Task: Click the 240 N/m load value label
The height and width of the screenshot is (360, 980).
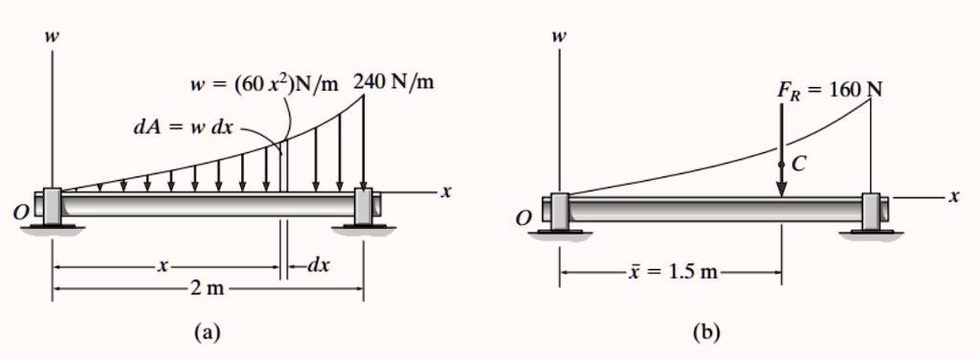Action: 393,82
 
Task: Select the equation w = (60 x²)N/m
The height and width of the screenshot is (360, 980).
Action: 264,84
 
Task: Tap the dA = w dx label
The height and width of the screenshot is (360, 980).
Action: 183,126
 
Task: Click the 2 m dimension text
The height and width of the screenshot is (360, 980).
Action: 208,288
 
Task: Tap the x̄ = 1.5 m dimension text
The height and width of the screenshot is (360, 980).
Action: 673,271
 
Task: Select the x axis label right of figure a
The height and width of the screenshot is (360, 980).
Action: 445,192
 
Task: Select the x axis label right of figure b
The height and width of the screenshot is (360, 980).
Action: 952,197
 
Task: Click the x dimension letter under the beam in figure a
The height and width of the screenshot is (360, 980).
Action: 164,265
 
